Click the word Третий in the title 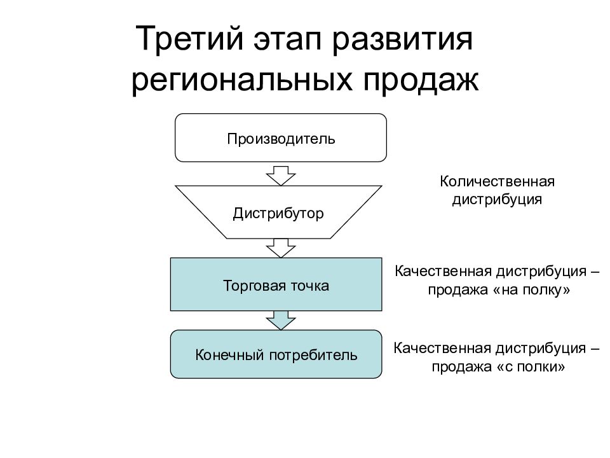coord(185,39)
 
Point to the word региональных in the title coord(241,81)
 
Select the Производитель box coord(281,138)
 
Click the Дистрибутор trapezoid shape coord(278,212)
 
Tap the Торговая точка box coord(276,286)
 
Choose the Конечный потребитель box coord(276,354)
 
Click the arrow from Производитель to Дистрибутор coord(281,173)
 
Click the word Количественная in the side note coord(498,182)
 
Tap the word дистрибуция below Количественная coord(497,199)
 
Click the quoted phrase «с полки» coord(531,367)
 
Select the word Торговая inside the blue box coord(247,286)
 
